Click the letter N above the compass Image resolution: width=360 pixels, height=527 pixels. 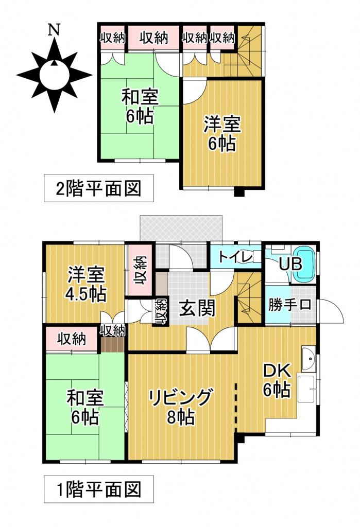tap(53, 30)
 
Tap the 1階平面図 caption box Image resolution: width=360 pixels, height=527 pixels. tap(98, 488)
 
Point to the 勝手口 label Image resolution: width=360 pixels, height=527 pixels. tap(290, 304)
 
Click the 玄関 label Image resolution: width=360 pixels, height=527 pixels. tap(197, 308)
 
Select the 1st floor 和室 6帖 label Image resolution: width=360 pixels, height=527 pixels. tap(85, 407)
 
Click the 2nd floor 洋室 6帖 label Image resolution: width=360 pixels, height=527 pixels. tap(222, 133)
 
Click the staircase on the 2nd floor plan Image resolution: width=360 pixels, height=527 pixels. tap(248, 51)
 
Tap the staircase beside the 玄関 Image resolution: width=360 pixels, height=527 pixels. tap(249, 299)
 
